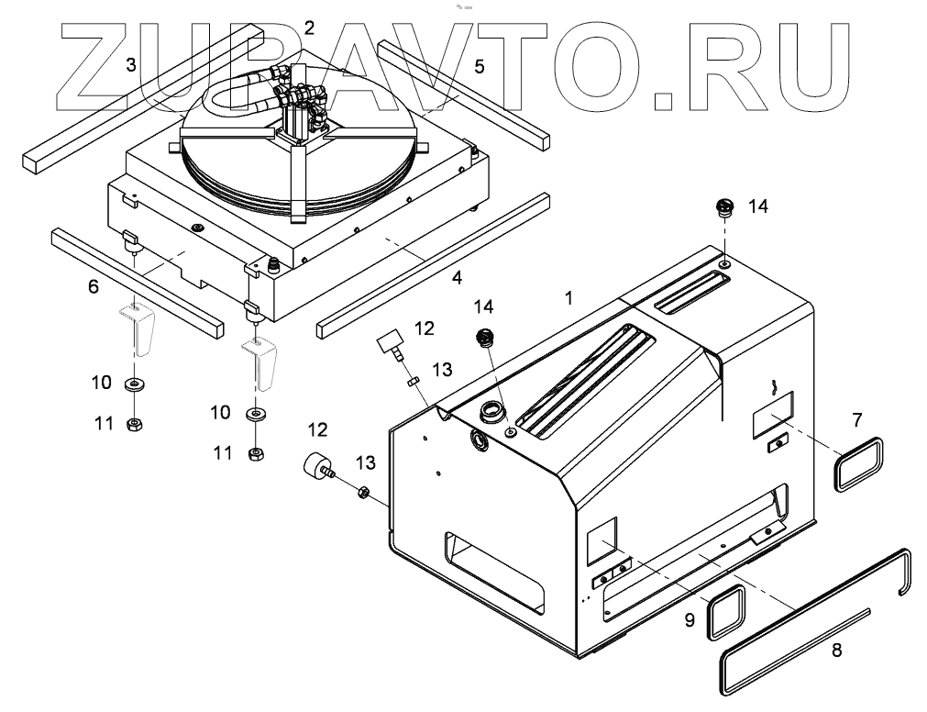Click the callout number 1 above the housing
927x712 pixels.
[x=569, y=297]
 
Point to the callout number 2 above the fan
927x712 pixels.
[x=309, y=28]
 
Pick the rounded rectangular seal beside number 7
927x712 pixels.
[x=859, y=465]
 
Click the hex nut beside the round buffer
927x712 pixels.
[x=362, y=493]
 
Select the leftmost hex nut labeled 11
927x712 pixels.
[x=133, y=424]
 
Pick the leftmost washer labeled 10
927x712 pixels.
[x=134, y=383]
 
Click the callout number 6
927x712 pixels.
[x=93, y=286]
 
